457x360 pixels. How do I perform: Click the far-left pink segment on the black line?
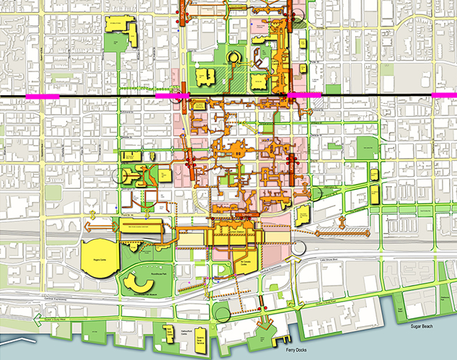tap(37, 95)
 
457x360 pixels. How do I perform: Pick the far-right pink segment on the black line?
tap(443, 95)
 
